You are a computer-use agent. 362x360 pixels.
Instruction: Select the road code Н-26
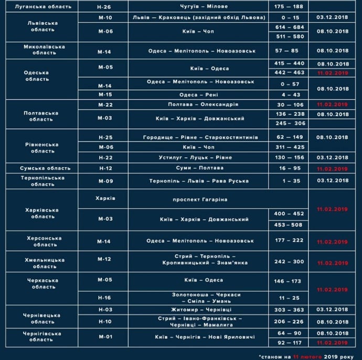point(104,7)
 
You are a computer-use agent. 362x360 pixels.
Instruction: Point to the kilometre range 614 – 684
point(289,27)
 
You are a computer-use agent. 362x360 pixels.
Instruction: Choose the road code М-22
point(104,104)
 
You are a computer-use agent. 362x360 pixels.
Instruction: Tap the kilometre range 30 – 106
point(289,104)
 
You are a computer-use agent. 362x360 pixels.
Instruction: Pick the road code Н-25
point(104,137)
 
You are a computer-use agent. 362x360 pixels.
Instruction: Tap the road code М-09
point(104,181)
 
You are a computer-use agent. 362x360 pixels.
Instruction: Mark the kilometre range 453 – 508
point(289,224)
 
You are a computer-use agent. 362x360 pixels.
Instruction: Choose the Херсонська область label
point(44,241)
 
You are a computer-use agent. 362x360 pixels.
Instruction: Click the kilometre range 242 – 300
point(289,261)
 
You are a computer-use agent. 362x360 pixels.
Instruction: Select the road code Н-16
point(104,298)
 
